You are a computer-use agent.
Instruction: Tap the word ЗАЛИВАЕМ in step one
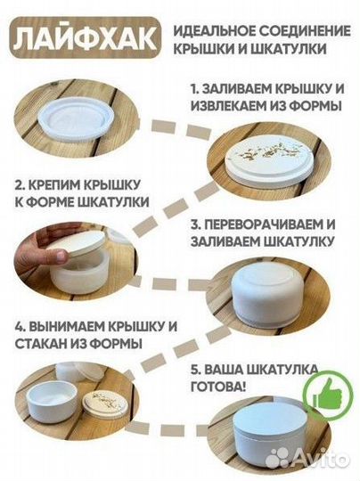[x=236, y=89]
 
